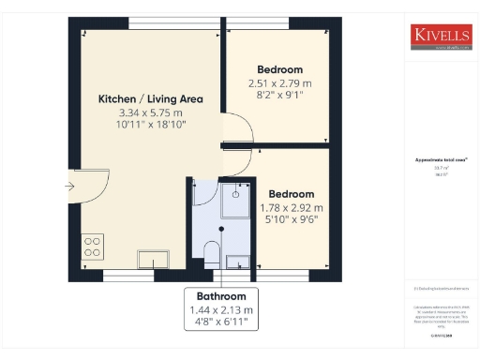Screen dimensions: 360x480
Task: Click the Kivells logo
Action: pyautogui.click(x=441, y=36)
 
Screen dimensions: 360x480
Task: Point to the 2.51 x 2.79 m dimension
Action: pyautogui.click(x=280, y=82)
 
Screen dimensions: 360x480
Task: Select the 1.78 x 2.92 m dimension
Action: pyautogui.click(x=292, y=207)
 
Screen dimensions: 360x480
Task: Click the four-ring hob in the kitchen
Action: pyautogui.click(x=93, y=246)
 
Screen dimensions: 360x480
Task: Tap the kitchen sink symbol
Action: pyautogui.click(x=149, y=258)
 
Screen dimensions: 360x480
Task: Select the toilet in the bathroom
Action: pyautogui.click(x=211, y=253)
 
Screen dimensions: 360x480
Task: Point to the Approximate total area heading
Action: pyautogui.click(x=435, y=160)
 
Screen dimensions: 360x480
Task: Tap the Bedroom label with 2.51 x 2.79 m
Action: pyautogui.click(x=280, y=69)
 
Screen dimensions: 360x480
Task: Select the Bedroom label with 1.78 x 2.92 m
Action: pyautogui.click(x=292, y=193)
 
